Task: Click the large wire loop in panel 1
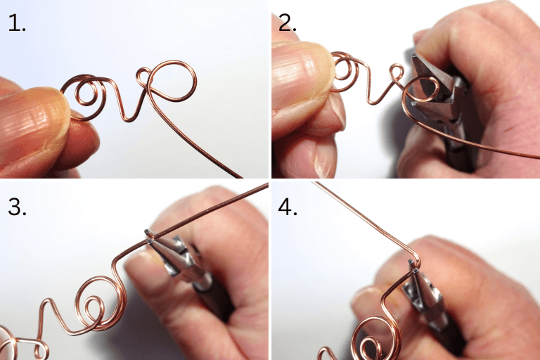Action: pyautogui.click(x=173, y=79)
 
